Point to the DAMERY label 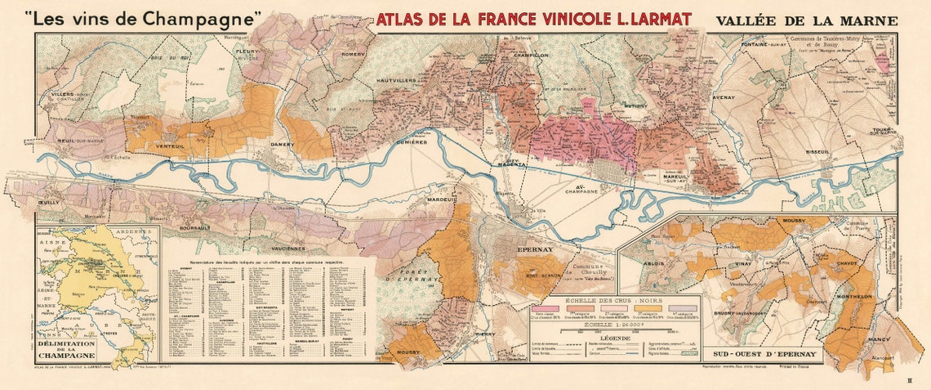pos(282,145)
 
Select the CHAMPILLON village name pos(532,55)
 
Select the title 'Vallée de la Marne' pos(805,20)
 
